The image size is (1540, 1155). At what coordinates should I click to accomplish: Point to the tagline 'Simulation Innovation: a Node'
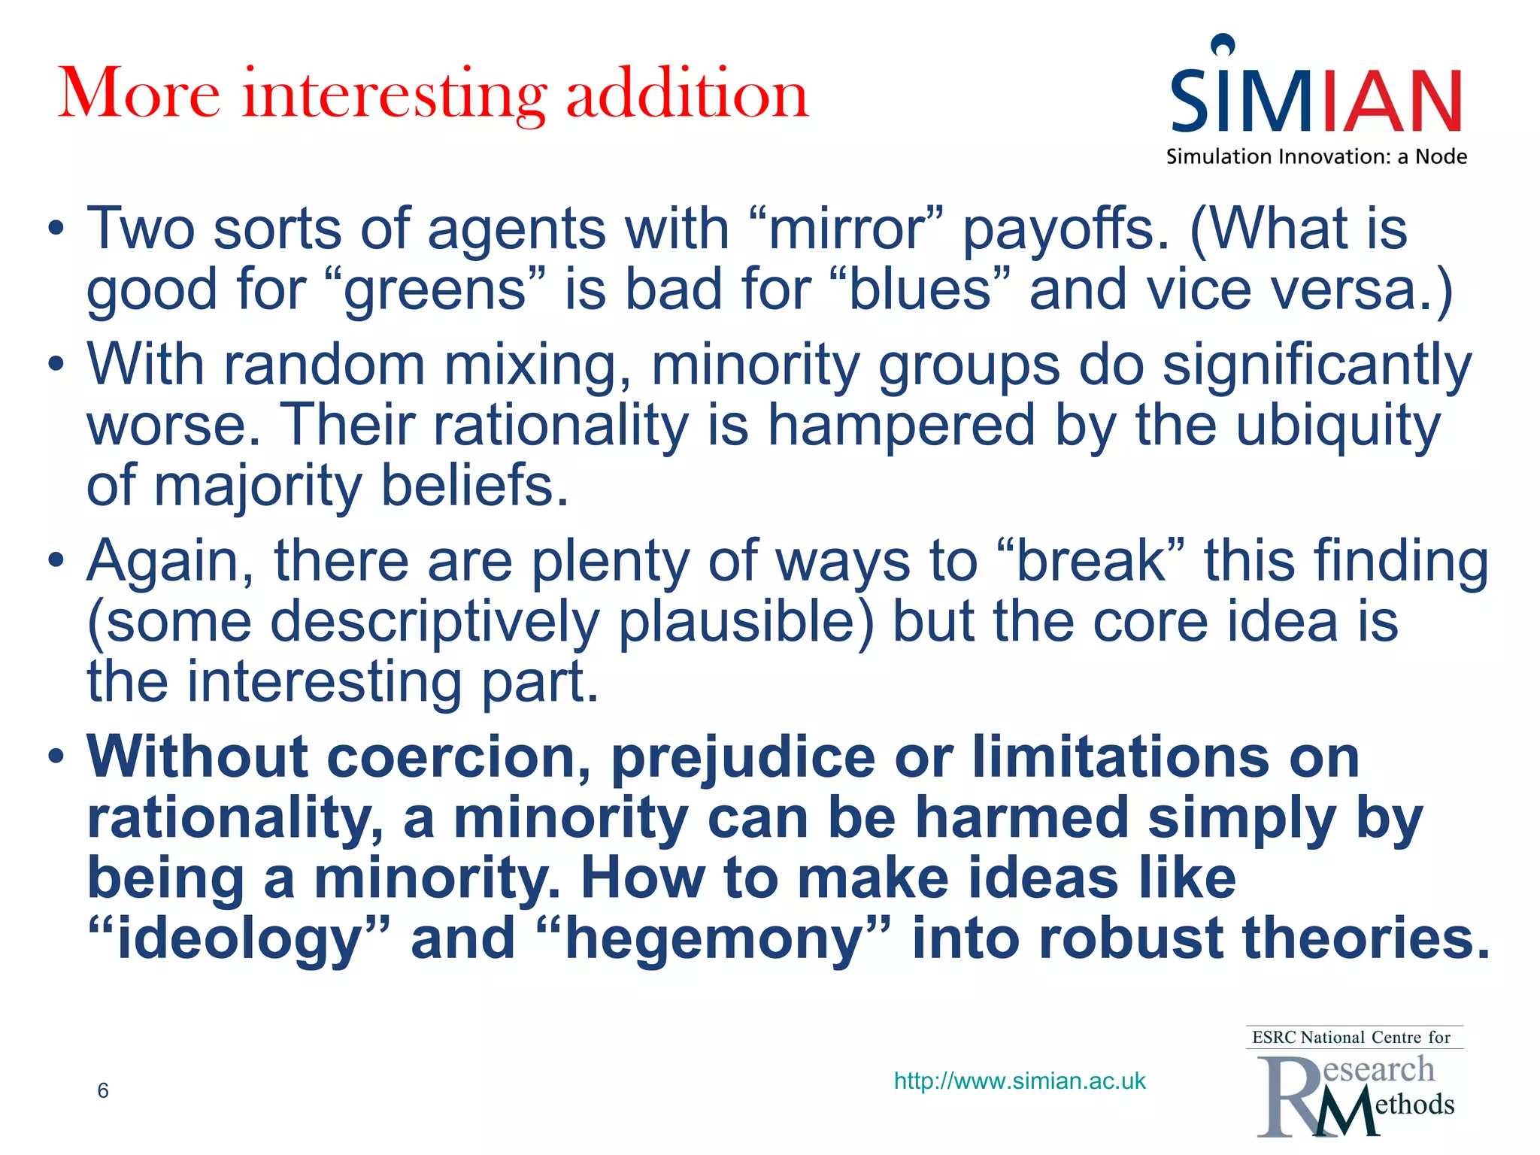click(1316, 156)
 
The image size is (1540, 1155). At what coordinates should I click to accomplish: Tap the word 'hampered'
click(901, 426)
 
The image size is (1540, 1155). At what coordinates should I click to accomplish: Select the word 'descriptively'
click(435, 623)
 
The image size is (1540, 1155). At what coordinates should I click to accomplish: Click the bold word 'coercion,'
click(459, 757)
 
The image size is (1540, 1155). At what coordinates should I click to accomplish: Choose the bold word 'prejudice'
click(743, 759)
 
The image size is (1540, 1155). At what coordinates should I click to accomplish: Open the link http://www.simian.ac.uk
click(1020, 1081)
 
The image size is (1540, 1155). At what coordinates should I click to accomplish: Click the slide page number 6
click(103, 1090)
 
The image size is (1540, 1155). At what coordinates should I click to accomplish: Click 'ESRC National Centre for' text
click(1351, 1038)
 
